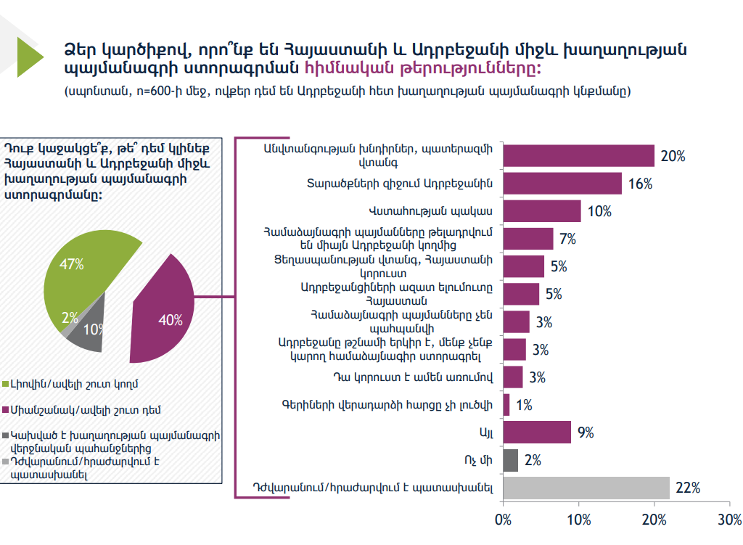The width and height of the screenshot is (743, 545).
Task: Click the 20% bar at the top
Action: click(578, 156)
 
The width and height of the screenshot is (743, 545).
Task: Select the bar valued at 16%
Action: click(562, 184)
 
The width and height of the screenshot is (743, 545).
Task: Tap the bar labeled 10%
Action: click(542, 211)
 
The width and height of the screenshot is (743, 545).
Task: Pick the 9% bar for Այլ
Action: click(537, 432)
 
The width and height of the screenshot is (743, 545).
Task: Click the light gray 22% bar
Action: click(586, 488)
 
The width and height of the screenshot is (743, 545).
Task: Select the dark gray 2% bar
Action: click(510, 460)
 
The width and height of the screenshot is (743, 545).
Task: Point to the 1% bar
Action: click(506, 404)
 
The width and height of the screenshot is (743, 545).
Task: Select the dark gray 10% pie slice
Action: click(86, 334)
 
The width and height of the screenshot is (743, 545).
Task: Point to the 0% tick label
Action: click(503, 520)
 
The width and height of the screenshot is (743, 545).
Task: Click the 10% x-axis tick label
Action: click(578, 520)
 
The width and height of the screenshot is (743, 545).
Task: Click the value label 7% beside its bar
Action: click(567, 239)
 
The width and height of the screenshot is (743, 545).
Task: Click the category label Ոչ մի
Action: click(480, 460)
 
